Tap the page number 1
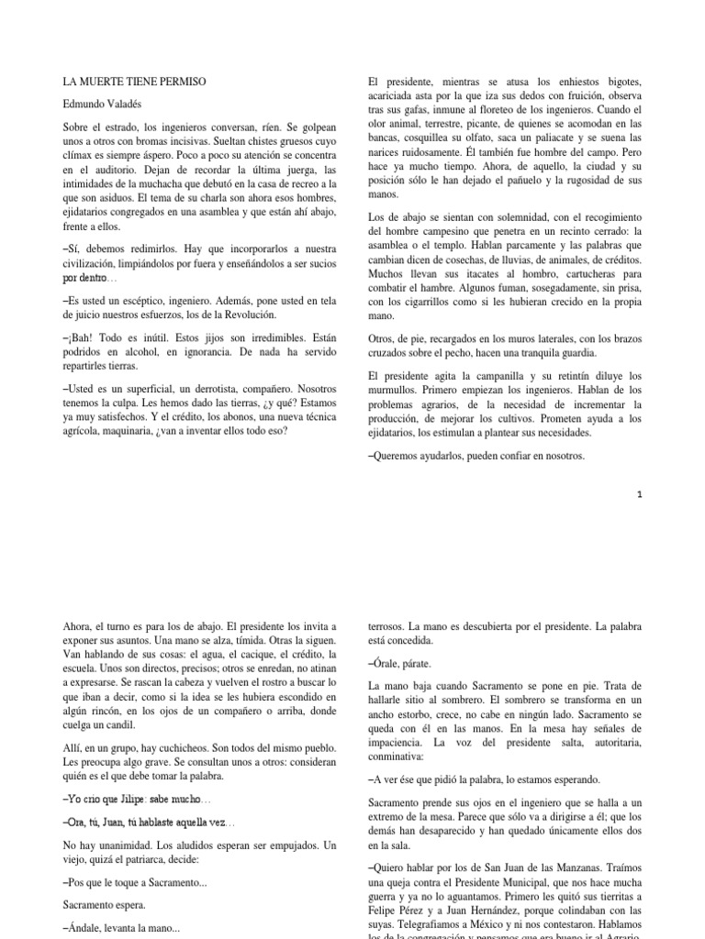pos(640,495)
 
